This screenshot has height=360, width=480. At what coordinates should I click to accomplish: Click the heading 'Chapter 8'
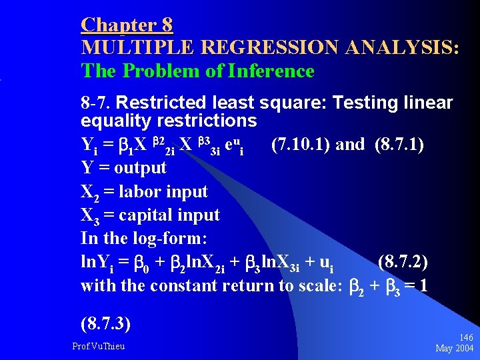[x=127, y=25]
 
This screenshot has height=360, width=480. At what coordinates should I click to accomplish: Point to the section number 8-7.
[x=97, y=103]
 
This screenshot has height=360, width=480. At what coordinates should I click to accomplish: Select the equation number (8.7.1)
[x=399, y=145]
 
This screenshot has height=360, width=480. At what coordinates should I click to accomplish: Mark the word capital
[x=145, y=215]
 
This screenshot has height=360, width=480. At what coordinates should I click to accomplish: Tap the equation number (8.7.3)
[x=105, y=325]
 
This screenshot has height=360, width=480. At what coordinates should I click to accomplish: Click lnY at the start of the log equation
[x=92, y=263]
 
